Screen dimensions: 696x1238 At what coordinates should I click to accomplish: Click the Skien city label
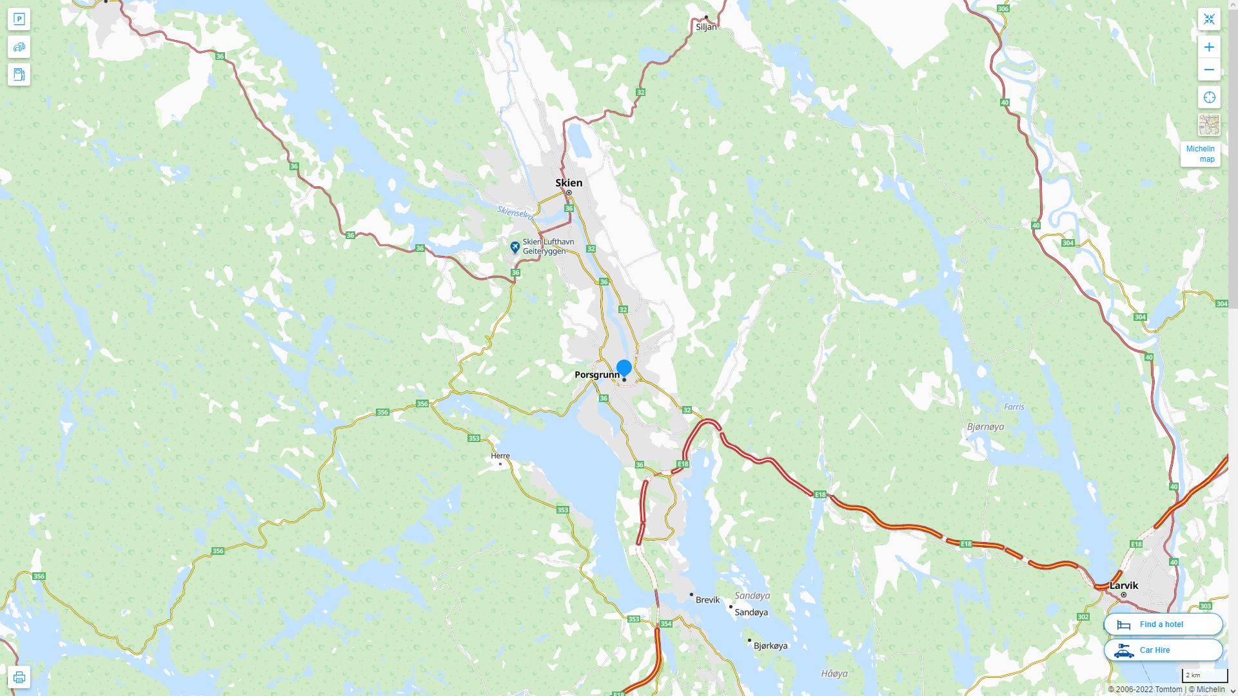[569, 183]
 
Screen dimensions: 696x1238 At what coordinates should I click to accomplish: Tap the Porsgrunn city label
[596, 375]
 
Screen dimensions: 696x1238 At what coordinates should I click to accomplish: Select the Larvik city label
[1124, 586]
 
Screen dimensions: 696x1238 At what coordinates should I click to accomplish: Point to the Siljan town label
[706, 27]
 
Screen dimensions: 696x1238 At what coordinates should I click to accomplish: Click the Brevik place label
[707, 600]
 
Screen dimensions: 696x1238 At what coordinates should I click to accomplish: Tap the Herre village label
[500, 456]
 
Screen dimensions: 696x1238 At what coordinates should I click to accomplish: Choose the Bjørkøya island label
[770, 646]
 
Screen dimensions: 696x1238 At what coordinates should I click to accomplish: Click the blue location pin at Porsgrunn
[624, 368]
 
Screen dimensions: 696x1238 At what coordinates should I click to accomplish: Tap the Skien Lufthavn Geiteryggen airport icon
[515, 247]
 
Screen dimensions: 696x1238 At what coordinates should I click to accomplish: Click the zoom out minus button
[1209, 70]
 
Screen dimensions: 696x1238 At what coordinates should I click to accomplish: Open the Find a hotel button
[1163, 624]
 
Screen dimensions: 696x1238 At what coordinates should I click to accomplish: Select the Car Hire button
[1163, 650]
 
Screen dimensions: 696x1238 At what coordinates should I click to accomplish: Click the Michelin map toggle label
[1200, 154]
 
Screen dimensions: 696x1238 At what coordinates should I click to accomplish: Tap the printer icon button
[19, 677]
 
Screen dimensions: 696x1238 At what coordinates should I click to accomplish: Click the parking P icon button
[19, 19]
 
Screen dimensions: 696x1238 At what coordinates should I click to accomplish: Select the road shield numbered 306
[1003, 9]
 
